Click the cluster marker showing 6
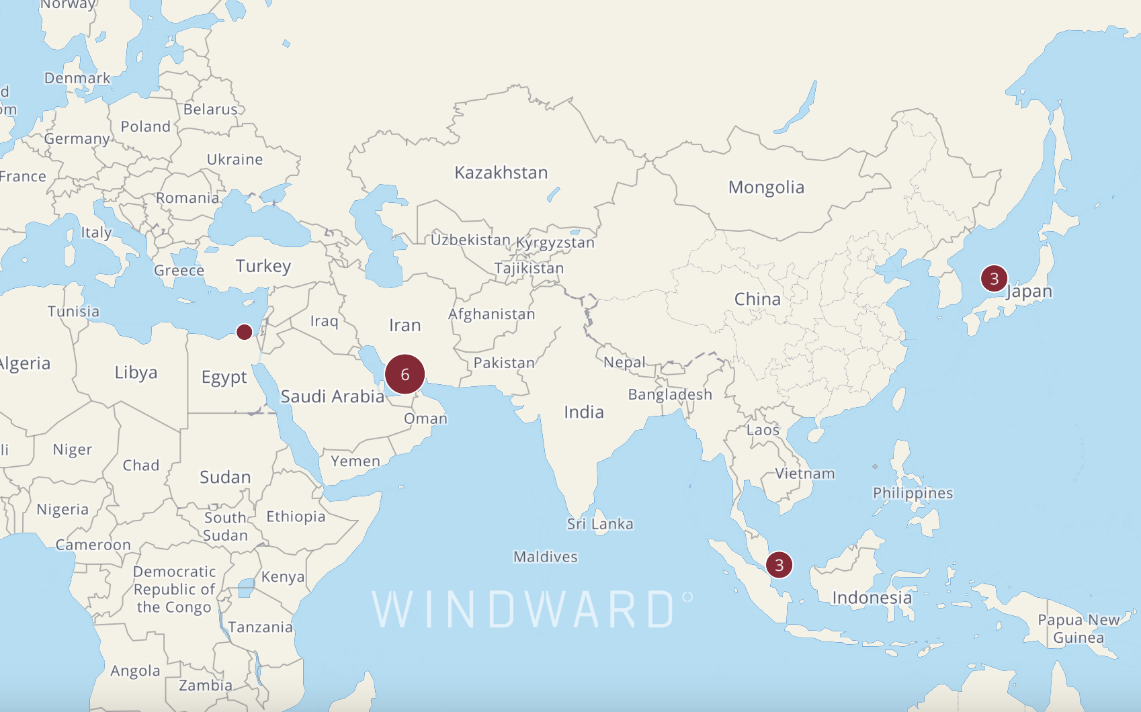pyautogui.click(x=405, y=374)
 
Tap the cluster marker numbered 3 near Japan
pyautogui.click(x=994, y=278)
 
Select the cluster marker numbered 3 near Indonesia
pyautogui.click(x=779, y=565)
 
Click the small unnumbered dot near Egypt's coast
pyautogui.click(x=245, y=332)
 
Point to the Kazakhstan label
pyautogui.click(x=501, y=173)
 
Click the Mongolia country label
pyautogui.click(x=766, y=187)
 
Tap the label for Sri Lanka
pyautogui.click(x=599, y=524)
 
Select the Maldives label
pyautogui.click(x=545, y=557)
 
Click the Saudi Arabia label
pyautogui.click(x=332, y=396)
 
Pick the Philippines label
pyautogui.click(x=913, y=493)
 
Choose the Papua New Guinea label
pyautogui.click(x=1079, y=629)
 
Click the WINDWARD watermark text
pyautogui.click(x=523, y=610)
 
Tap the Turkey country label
pyautogui.click(x=263, y=266)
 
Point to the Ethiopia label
pyautogui.click(x=296, y=517)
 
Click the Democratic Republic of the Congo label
pyautogui.click(x=174, y=589)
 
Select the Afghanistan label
pyautogui.click(x=491, y=314)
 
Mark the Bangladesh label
pyautogui.click(x=670, y=394)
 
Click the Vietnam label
pyautogui.click(x=805, y=474)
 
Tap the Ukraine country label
pyautogui.click(x=235, y=159)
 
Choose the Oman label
pyautogui.click(x=425, y=418)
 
